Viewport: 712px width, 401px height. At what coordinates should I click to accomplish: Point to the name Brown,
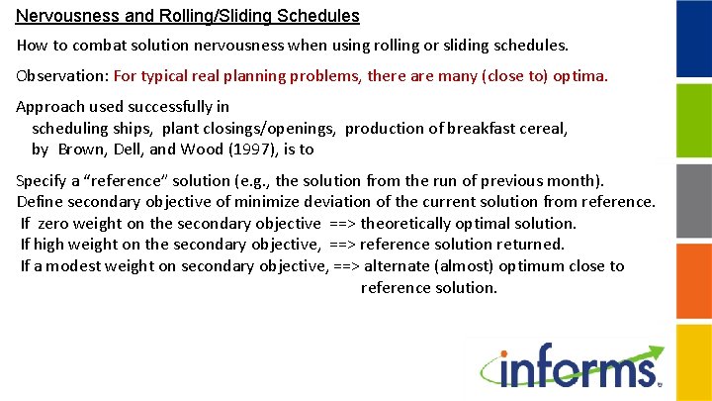pos(79,150)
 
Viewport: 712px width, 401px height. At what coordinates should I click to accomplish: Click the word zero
pos(53,223)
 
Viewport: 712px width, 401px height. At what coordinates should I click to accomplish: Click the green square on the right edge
pos(693,120)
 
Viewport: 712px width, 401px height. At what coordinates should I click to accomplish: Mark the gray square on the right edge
pos(693,200)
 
